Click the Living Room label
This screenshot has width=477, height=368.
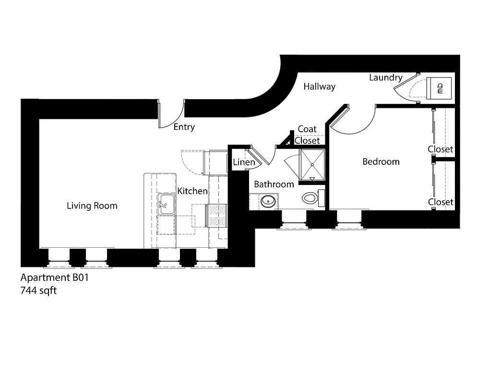coord(92,206)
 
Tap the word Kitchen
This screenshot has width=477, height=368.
coord(192,191)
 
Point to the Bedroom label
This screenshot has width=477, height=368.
coord(381,161)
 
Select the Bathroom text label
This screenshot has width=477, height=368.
coord(274,184)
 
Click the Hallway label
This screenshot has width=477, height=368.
coord(320,87)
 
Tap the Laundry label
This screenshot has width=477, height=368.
coord(386,78)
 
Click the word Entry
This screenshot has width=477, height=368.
coord(184,127)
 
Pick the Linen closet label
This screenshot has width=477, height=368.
coord(244,162)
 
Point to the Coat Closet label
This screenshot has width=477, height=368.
coord(307,135)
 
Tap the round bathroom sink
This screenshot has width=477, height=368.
coord(268,201)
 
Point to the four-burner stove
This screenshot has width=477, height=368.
coord(217,216)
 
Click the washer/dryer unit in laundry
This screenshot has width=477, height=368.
coord(439,88)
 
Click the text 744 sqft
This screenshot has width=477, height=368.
coord(38,291)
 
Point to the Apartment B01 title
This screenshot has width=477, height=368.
coord(54,277)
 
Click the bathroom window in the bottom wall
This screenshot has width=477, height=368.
coord(294,219)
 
